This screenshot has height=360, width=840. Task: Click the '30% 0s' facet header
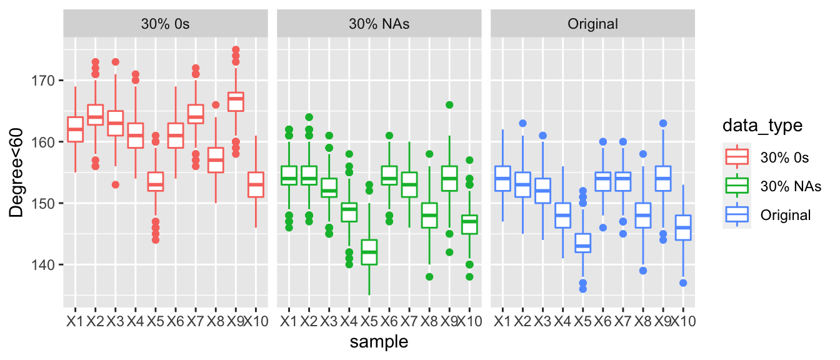point(166,24)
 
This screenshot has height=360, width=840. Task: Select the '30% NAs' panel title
point(379,24)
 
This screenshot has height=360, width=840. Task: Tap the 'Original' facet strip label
point(592,24)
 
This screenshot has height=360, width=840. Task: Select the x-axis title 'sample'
point(379,341)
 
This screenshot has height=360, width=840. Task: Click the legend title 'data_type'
point(767,126)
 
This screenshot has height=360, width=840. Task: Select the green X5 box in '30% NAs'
point(369,252)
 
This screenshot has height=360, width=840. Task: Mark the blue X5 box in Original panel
point(583,243)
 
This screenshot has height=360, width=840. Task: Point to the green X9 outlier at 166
point(449,105)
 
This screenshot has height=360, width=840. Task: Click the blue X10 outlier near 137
point(684,283)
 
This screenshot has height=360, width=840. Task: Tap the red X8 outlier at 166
point(216,105)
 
